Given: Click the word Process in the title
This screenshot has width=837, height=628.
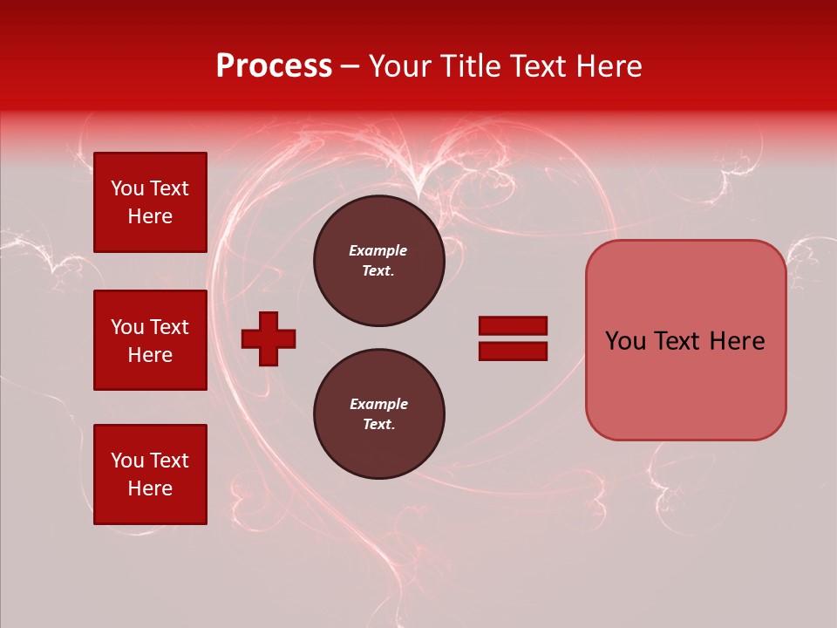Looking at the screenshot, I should tap(274, 66).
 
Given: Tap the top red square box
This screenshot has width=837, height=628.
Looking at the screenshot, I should tap(150, 202).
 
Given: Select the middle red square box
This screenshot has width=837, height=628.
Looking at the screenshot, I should tap(150, 340).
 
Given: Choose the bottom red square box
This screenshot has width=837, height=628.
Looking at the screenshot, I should tap(150, 474).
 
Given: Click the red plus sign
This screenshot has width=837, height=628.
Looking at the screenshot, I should tap(269, 338).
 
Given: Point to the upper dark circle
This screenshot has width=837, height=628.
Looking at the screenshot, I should tap(378, 261).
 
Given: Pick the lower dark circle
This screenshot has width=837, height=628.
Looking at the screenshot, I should tap(378, 414).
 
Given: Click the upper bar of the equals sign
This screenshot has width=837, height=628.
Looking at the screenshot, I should tap(513, 325).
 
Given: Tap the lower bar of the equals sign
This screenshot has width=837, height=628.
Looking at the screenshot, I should tap(513, 352).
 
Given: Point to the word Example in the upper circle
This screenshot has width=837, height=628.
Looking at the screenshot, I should tap(378, 250).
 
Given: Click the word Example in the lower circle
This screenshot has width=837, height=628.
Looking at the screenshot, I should tap(378, 404).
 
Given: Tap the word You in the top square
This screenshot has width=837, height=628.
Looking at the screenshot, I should tap(126, 188).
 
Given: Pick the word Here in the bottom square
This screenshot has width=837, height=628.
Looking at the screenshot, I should tap(150, 488).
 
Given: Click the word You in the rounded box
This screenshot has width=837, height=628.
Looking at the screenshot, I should tap(626, 341).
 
